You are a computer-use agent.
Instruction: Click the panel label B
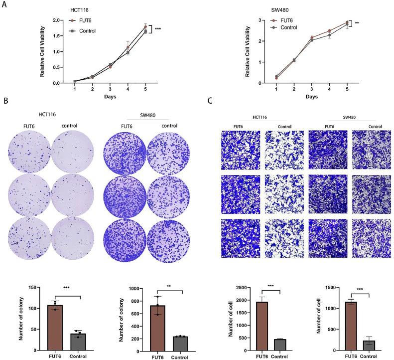click(x=5, y=101)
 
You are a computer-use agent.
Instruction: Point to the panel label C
click(x=210, y=101)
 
